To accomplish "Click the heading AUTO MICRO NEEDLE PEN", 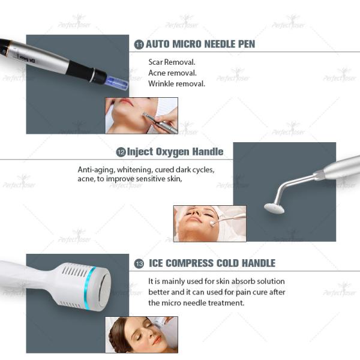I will point(200,44).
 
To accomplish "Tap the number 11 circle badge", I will point(139,44).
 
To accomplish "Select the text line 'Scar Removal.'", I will point(172,62).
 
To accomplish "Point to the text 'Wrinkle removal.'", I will point(176,83).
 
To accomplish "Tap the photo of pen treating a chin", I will point(142,115).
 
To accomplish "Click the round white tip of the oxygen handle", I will point(274,208).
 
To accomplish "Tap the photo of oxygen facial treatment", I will point(209,223).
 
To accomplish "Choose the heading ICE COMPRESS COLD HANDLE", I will point(212,263).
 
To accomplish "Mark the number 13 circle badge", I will point(139,263).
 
